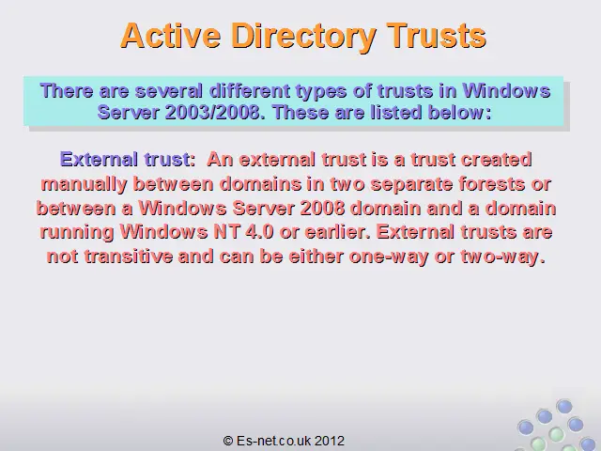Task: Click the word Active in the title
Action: click(x=171, y=36)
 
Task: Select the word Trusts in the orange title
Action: click(x=436, y=36)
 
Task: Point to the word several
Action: click(x=169, y=91)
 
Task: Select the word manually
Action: click(x=84, y=184)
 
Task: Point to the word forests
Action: click(x=491, y=184)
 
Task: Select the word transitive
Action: click(x=129, y=256)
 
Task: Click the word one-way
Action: click(x=388, y=257)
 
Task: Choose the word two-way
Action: click(x=503, y=257)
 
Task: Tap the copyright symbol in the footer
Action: click(x=228, y=441)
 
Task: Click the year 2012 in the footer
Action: click(x=330, y=441)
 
